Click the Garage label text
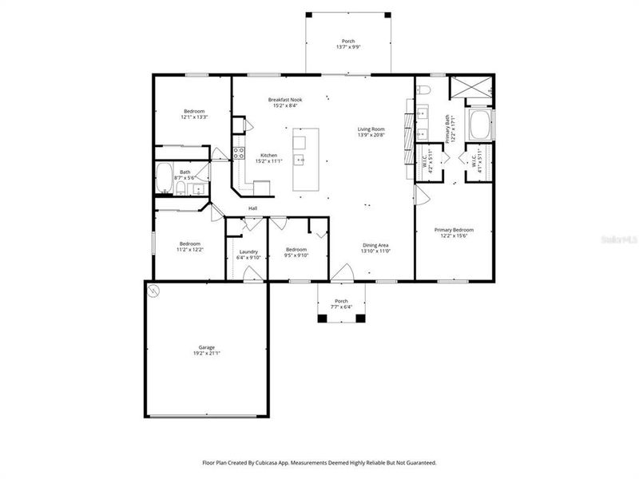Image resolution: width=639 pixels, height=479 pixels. coord(207,347)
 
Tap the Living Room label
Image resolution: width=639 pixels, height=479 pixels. coord(371,129)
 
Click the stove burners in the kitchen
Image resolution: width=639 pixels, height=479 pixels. coord(238,153)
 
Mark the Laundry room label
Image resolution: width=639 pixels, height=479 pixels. coord(248,251)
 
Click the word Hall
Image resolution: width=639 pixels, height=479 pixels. coord(252,208)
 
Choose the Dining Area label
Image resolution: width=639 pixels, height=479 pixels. coord(375,245)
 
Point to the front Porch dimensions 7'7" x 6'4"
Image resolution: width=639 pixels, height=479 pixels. coord(342,307)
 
